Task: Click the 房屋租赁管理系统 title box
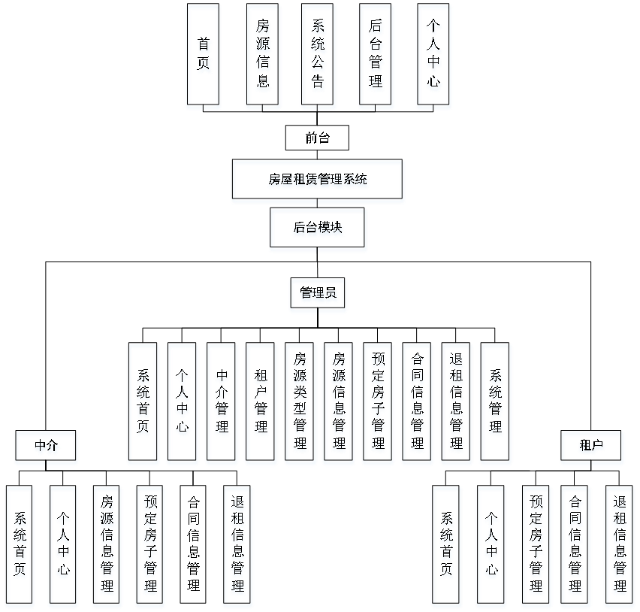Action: point(318,181)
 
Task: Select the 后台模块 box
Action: point(318,230)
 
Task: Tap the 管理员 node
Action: point(318,295)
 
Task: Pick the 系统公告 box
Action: point(318,56)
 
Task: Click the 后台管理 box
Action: point(376,56)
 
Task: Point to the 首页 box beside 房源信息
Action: point(204,56)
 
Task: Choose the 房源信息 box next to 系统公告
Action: point(263,56)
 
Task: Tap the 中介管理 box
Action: point(222,404)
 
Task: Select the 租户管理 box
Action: point(261,404)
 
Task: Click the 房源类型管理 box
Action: point(300,404)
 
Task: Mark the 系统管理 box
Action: point(496,404)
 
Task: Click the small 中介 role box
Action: point(47,447)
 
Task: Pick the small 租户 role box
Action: point(592,447)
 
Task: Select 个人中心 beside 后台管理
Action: point(434,56)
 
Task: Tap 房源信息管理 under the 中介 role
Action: point(107,546)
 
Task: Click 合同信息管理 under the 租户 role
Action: point(575,546)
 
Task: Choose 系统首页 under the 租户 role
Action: point(447,546)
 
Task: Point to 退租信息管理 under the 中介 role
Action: point(237,546)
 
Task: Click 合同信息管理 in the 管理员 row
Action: point(417,404)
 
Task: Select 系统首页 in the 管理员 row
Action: point(143,404)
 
